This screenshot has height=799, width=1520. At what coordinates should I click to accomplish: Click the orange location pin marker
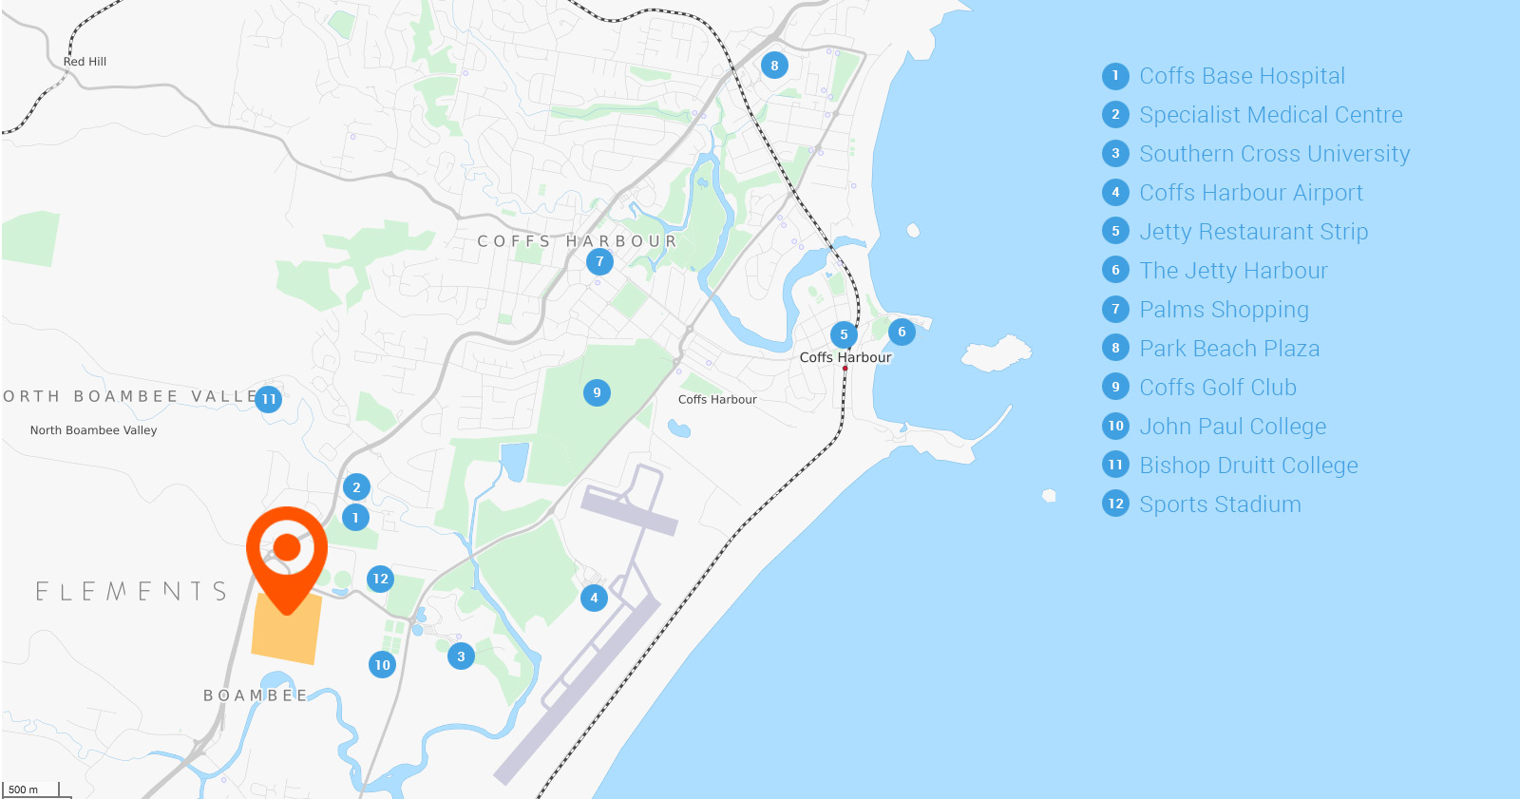[287, 548]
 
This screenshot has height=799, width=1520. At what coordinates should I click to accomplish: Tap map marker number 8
[774, 66]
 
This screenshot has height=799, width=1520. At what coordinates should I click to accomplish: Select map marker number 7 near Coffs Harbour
[599, 261]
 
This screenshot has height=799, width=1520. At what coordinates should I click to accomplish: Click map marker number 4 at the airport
[594, 598]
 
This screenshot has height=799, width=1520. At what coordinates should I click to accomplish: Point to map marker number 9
[597, 392]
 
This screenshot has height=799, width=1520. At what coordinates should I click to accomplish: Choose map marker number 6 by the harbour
[902, 332]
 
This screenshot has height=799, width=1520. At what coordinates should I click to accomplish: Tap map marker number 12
[380, 579]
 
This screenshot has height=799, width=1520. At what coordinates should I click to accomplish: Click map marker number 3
[461, 656]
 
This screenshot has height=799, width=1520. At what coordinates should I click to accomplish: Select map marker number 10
[382, 665]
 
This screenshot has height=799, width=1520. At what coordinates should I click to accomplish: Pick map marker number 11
[269, 399]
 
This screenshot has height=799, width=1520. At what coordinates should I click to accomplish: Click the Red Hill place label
[85, 62]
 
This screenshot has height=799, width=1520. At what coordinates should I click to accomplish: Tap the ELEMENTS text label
[131, 592]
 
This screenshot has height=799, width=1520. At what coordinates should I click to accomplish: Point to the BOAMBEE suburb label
[256, 695]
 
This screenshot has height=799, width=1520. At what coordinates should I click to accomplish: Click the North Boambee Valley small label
[93, 430]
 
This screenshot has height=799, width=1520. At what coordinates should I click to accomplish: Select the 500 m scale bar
[34, 789]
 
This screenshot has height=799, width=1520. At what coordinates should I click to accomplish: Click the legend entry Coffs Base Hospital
[1242, 76]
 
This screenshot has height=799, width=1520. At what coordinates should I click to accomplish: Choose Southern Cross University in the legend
[1274, 154]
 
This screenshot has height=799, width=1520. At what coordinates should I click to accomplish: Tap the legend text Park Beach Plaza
[1229, 349]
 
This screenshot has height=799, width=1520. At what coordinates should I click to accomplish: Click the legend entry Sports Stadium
[1220, 504]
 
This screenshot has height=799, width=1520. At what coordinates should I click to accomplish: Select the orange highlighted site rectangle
[285, 632]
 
